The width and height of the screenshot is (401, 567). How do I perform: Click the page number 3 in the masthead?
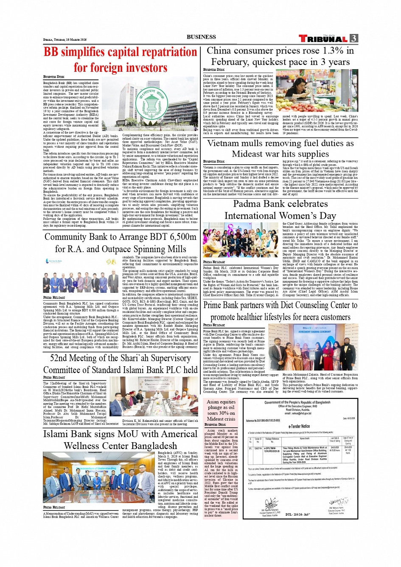click(354, 38)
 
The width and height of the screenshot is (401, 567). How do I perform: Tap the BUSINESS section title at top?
click(201, 37)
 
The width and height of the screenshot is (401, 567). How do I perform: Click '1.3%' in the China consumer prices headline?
click(333, 51)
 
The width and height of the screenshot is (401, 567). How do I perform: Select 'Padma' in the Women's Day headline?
click(250, 204)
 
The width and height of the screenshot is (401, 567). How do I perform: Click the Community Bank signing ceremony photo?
click(81, 275)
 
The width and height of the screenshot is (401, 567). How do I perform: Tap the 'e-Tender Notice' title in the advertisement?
click(299, 426)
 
